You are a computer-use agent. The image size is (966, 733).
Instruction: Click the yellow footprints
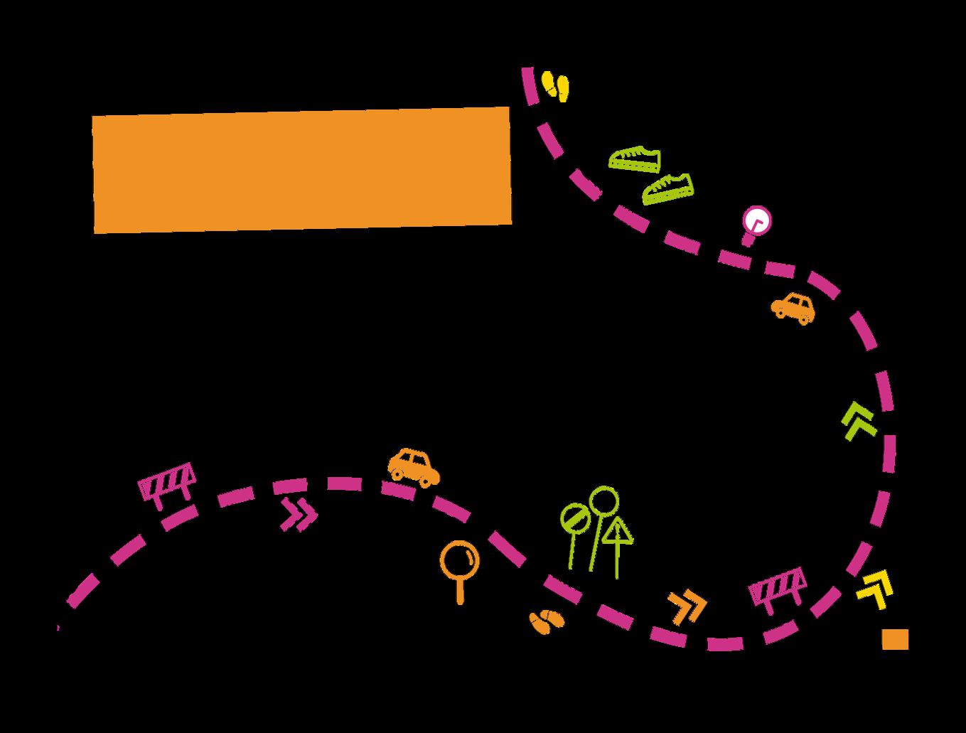pos(556,85)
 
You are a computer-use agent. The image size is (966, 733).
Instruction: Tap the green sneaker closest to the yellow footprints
pos(635,159)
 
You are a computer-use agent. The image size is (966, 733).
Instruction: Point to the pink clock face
pos(756,220)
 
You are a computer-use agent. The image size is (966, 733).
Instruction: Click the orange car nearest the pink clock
pos(793,307)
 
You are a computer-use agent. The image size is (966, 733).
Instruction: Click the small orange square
pos(895,639)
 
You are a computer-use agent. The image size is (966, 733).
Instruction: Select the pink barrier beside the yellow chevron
pos(778,587)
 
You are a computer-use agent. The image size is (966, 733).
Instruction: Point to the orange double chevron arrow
pos(687,606)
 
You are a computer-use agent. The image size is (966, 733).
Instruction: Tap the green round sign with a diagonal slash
pos(574,518)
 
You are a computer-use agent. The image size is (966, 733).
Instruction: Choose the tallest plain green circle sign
pos(604,501)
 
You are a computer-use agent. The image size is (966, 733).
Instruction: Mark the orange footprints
pos(546,621)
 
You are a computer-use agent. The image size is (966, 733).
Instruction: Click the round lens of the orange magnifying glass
pos(459,560)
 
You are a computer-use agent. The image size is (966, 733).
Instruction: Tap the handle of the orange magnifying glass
pos(460,592)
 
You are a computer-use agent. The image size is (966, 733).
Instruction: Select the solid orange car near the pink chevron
pos(413,466)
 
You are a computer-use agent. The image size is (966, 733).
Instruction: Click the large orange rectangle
pos(302,170)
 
